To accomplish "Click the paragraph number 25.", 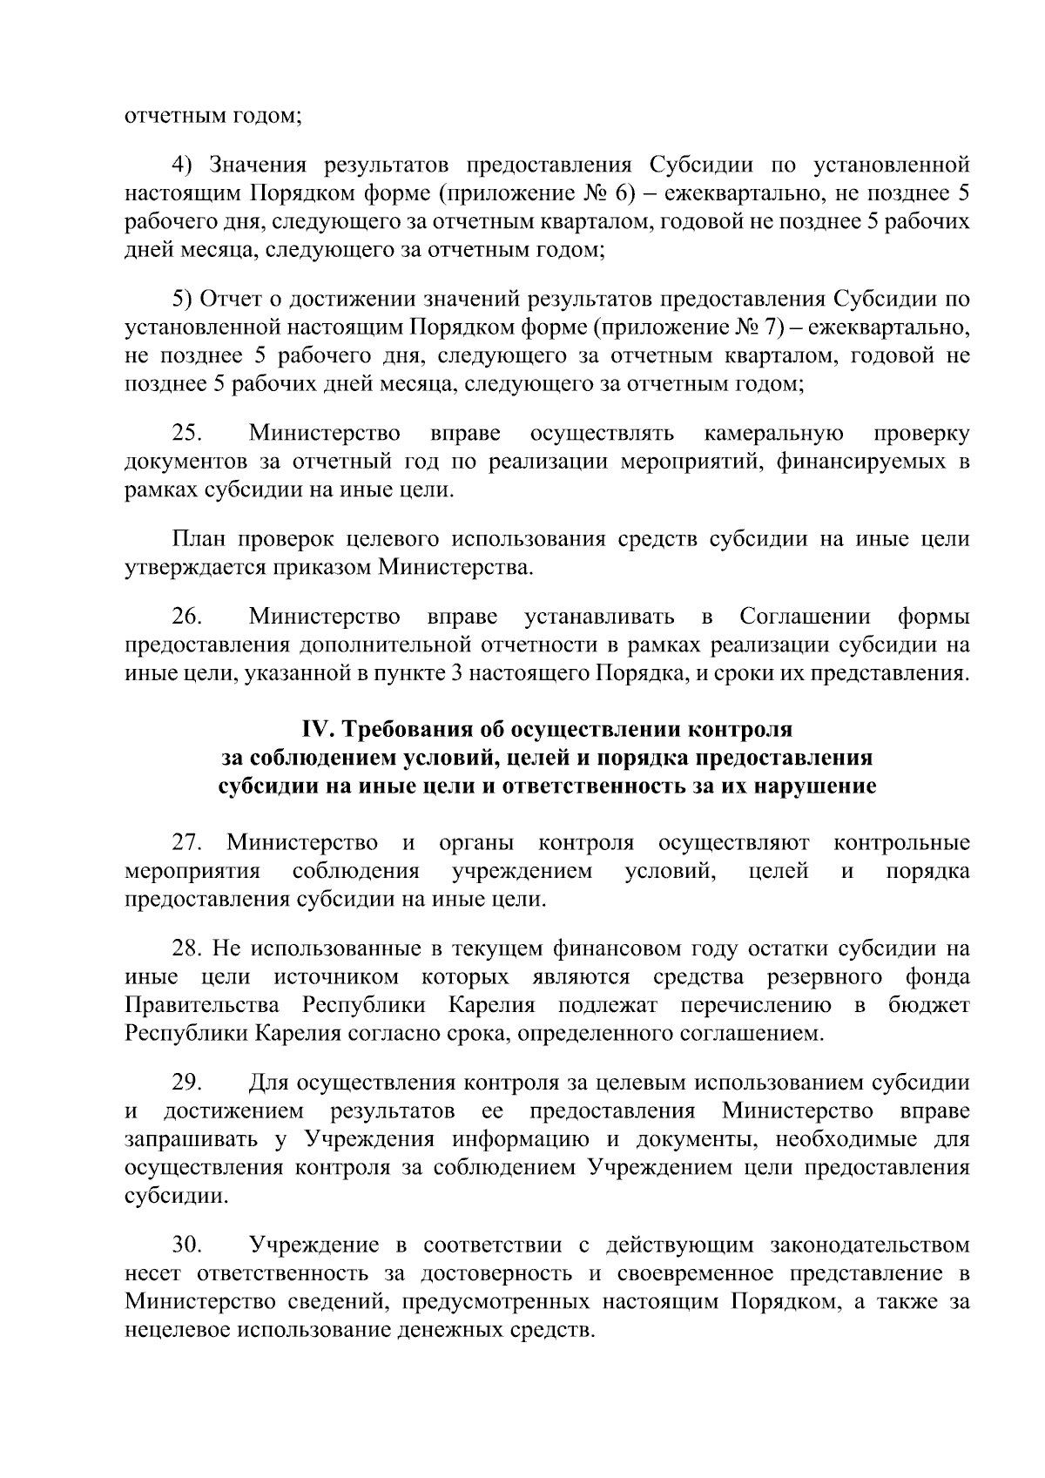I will [187, 434].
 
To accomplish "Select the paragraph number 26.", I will [187, 618].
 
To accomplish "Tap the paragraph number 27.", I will [187, 843].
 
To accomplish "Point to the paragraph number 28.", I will [187, 949].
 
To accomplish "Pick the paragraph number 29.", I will [187, 1083].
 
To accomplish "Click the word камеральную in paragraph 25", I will [773, 434].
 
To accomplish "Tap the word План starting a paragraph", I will [198, 540].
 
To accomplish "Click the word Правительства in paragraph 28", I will [204, 1006].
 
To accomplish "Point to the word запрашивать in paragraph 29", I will [192, 1140].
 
